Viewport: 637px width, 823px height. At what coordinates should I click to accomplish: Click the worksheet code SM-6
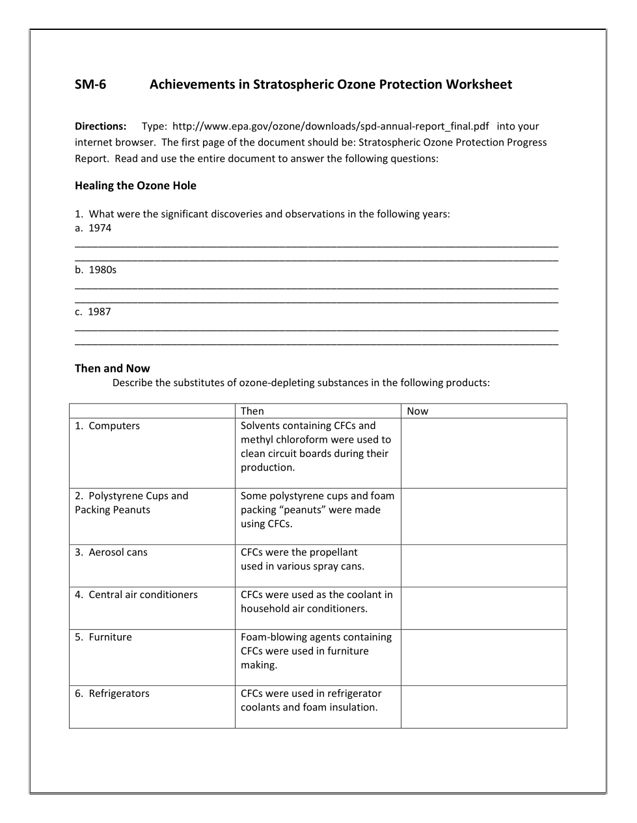pyautogui.click(x=90, y=85)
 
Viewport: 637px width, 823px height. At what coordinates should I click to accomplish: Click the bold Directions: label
pyautogui.click(x=100, y=126)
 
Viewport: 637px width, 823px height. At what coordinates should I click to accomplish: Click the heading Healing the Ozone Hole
pyautogui.click(x=135, y=186)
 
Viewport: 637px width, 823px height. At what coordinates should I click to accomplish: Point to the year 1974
pyautogui.click(x=100, y=228)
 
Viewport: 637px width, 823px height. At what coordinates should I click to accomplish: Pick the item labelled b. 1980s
pyautogui.click(x=96, y=270)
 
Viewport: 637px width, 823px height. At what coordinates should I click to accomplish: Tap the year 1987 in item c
pyautogui.click(x=100, y=312)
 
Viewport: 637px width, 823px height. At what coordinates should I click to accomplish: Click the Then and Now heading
pyautogui.click(x=112, y=369)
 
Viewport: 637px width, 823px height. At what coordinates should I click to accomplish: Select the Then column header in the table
pyautogui.click(x=252, y=411)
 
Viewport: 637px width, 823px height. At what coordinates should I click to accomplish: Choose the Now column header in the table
pyautogui.click(x=418, y=411)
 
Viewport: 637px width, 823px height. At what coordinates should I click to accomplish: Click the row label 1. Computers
pyautogui.click(x=107, y=426)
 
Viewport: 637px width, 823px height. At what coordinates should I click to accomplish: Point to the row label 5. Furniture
pyautogui.click(x=103, y=637)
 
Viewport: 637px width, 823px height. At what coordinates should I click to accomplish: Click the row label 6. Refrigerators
pyautogui.click(x=112, y=694)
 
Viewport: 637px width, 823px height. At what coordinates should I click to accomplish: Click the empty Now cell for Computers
pyautogui.click(x=483, y=453)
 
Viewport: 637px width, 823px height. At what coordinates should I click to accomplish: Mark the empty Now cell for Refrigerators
pyautogui.click(x=483, y=707)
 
